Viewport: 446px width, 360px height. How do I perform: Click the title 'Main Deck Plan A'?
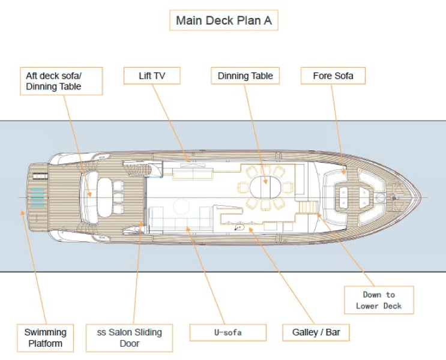coord(223,20)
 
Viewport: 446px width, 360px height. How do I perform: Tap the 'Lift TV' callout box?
coord(152,76)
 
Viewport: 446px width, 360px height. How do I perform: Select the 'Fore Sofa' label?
coord(333,76)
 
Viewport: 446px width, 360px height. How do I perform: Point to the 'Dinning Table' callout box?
coord(245,76)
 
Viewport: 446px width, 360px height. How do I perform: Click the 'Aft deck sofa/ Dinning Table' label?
coord(61,81)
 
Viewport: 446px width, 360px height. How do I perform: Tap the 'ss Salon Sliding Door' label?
coord(130,338)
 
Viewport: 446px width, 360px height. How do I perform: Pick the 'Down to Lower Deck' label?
coord(379,300)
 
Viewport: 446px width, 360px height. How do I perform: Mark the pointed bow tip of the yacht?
coord(420,197)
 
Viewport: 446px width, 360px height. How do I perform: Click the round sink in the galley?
coord(239,227)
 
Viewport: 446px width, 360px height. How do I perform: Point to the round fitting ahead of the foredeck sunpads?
coord(381,197)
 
